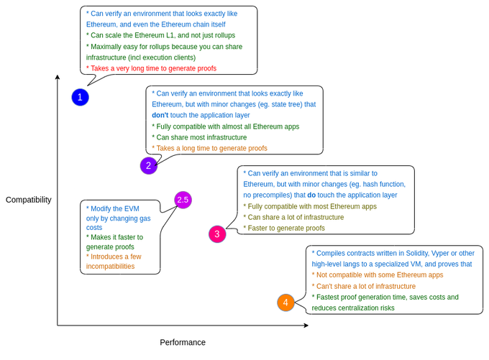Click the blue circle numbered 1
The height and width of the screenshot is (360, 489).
click(x=80, y=97)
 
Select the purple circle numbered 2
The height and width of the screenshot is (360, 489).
click(x=148, y=166)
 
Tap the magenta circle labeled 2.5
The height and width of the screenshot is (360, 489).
click(x=183, y=200)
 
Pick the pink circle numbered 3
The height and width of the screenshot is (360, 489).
click(x=217, y=234)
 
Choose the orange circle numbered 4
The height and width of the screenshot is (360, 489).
click(x=285, y=303)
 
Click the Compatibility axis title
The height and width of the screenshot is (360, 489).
click(x=29, y=200)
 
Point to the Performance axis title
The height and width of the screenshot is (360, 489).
click(x=183, y=343)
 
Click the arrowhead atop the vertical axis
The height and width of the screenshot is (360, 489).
click(x=58, y=76)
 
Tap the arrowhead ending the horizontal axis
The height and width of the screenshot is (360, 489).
click(x=306, y=326)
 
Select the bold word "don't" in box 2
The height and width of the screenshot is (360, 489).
click(x=160, y=115)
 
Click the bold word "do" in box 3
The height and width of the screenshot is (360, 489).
click(x=311, y=195)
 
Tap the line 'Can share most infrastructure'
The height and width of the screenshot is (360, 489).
click(x=199, y=137)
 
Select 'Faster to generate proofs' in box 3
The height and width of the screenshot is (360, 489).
click(x=284, y=229)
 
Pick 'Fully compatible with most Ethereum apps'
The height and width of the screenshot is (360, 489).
click(x=310, y=206)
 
